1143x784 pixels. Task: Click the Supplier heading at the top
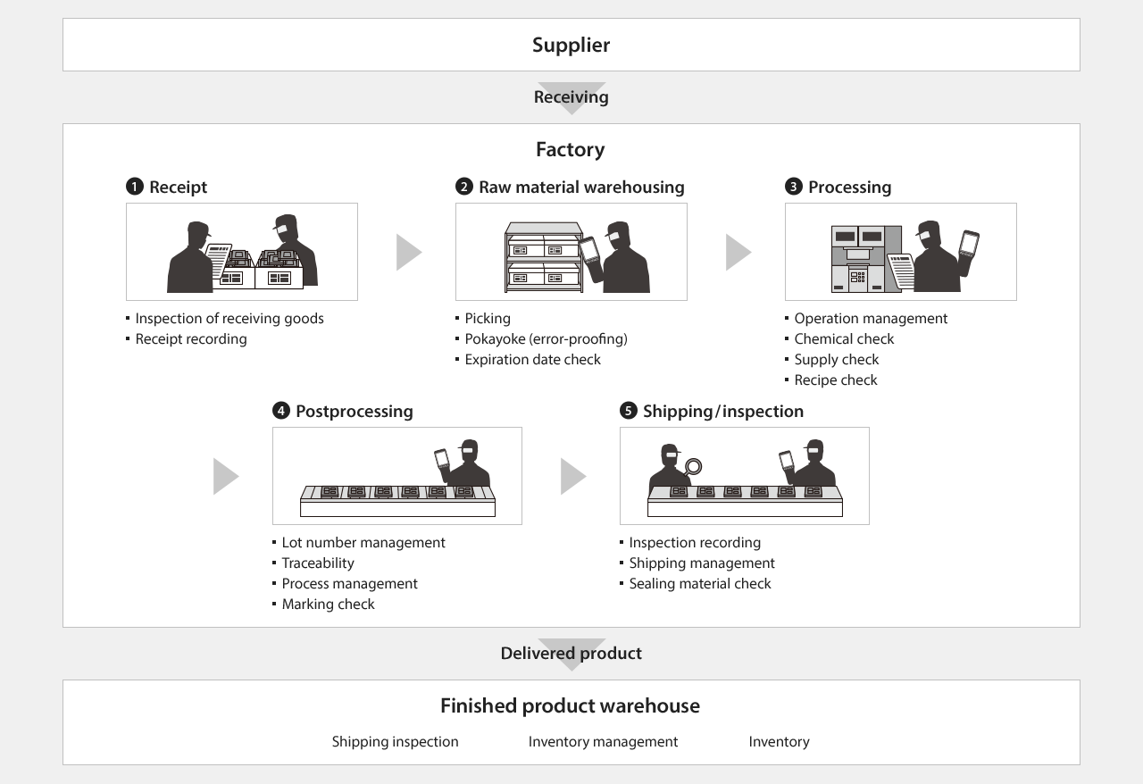(571, 45)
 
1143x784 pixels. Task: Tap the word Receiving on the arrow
(571, 96)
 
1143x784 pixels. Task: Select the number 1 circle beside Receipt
(134, 187)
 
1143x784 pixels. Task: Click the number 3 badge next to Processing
(793, 187)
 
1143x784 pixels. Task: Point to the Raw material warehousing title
(581, 187)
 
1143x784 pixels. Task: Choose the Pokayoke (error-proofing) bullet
(546, 338)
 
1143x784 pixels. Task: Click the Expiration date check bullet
(532, 359)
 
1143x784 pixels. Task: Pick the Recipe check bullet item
(835, 379)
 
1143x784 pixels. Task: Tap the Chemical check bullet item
(843, 338)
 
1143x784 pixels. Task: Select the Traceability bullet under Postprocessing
(317, 563)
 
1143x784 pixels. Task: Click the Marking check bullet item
(328, 604)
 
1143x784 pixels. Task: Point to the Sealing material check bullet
(699, 583)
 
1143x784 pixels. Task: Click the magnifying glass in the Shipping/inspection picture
(693, 466)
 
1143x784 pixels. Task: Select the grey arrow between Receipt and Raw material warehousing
(408, 252)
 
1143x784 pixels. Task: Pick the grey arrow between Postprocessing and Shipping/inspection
(572, 476)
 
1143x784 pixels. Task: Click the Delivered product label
(571, 653)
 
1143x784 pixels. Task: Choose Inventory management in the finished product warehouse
(603, 741)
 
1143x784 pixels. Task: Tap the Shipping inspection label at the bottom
(395, 741)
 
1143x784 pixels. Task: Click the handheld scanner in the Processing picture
(969, 243)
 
